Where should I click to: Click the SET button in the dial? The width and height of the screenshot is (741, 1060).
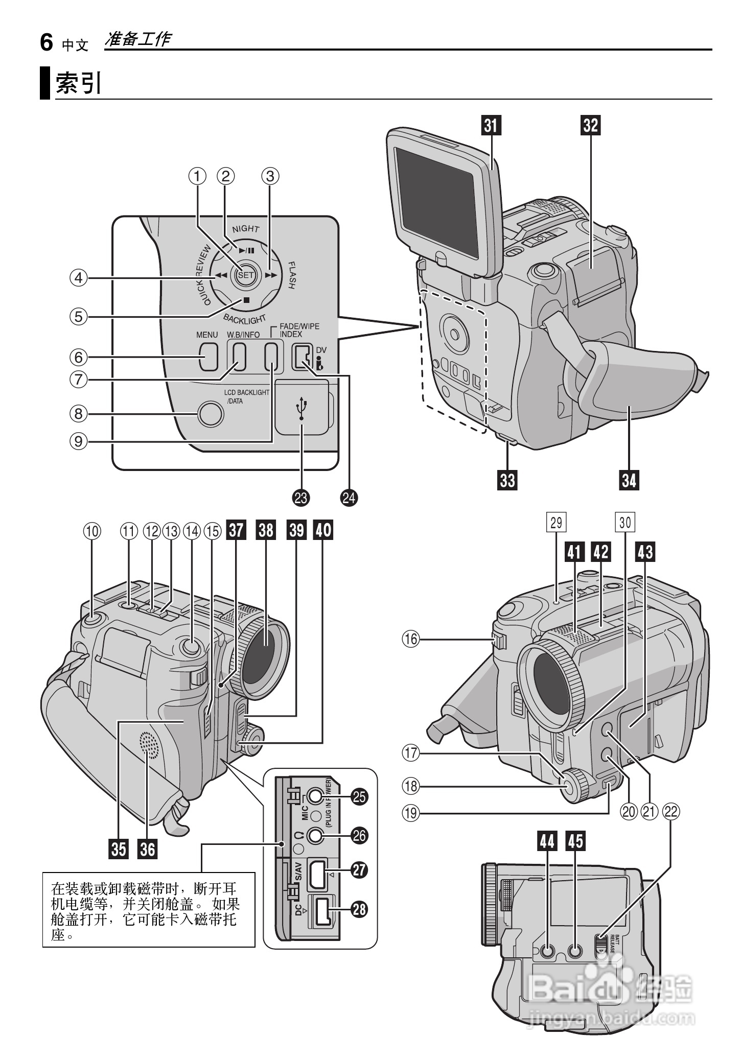[x=246, y=275]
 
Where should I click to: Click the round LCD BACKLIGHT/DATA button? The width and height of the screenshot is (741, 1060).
[x=211, y=413]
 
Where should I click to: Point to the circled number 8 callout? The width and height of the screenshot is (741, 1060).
[x=78, y=413]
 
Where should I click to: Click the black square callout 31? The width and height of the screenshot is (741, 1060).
[x=491, y=125]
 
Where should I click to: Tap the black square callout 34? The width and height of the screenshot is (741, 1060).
[x=630, y=480]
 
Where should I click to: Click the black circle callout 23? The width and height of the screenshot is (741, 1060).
[x=302, y=498]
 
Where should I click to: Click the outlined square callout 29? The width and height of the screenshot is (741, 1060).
[x=556, y=522]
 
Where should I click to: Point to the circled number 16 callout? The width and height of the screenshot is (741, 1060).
[x=411, y=639]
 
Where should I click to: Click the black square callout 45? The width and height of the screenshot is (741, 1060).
[x=575, y=841]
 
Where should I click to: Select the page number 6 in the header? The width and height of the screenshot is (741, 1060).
[x=47, y=43]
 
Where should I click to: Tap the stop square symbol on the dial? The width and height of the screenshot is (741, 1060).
[x=246, y=300]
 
